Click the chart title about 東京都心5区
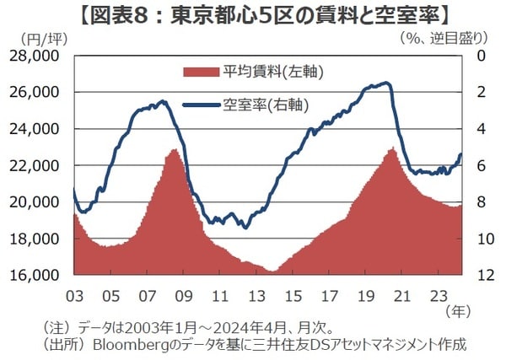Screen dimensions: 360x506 coord(252,14)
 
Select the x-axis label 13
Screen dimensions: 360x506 coord(257,296)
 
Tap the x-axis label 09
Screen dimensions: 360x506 coord(184,296)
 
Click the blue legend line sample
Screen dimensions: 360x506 coord(201,106)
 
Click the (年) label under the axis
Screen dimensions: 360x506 coord(474,310)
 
